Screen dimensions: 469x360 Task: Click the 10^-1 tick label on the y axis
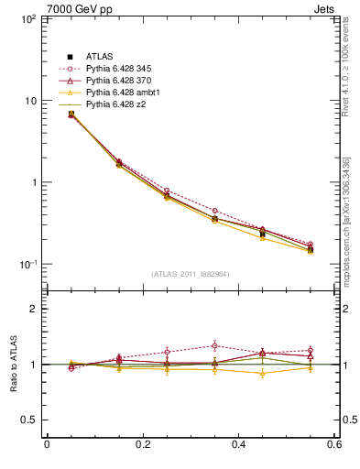[x=28, y=265]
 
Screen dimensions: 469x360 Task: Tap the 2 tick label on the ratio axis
[x=34, y=309]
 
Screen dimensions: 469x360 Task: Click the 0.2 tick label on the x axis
[x=142, y=445]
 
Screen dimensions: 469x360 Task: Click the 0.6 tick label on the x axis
[x=335, y=445]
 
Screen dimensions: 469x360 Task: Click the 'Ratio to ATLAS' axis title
[x=11, y=365]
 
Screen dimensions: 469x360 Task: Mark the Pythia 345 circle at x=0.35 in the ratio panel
[x=214, y=345]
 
